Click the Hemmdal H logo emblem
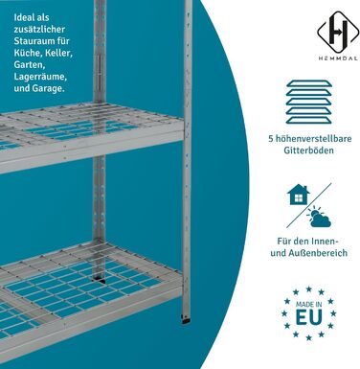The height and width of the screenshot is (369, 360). pyautogui.click(x=338, y=31)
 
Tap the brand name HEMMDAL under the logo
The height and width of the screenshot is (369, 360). pyautogui.click(x=338, y=58)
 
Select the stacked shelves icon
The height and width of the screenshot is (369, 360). pyautogui.click(x=309, y=102)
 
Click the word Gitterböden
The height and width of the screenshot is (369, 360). pyautogui.click(x=308, y=150)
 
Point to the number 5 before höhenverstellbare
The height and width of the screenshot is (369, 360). pyautogui.click(x=271, y=139)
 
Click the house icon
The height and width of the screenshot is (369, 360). pyautogui.click(x=299, y=194)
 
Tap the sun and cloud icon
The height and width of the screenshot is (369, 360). pyautogui.click(x=319, y=217)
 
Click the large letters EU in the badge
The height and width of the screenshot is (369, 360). pyautogui.click(x=308, y=317)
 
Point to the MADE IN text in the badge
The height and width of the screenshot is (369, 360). pyautogui.click(x=308, y=304)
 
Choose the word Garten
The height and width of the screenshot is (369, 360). pyautogui.click(x=29, y=65)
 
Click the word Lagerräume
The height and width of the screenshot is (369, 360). pyautogui.click(x=40, y=77)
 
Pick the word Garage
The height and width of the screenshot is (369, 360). pyautogui.click(x=49, y=88)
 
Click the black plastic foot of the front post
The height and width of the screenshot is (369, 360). pyautogui.click(x=185, y=320)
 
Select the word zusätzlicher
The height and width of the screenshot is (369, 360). pyautogui.click(x=39, y=30)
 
